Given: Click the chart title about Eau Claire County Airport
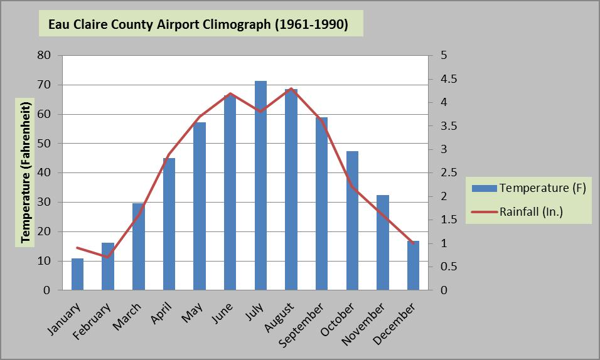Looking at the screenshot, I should coord(200,25).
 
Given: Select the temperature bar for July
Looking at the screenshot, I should coord(260,186).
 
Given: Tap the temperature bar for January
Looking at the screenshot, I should coord(77,274).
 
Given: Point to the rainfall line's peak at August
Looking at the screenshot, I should coord(291,88).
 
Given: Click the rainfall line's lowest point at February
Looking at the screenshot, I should coord(108,257).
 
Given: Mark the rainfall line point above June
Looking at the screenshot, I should coord(230,93).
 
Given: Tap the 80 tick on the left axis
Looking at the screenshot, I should coord(44,55).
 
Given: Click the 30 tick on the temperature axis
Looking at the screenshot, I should coord(44,202).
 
